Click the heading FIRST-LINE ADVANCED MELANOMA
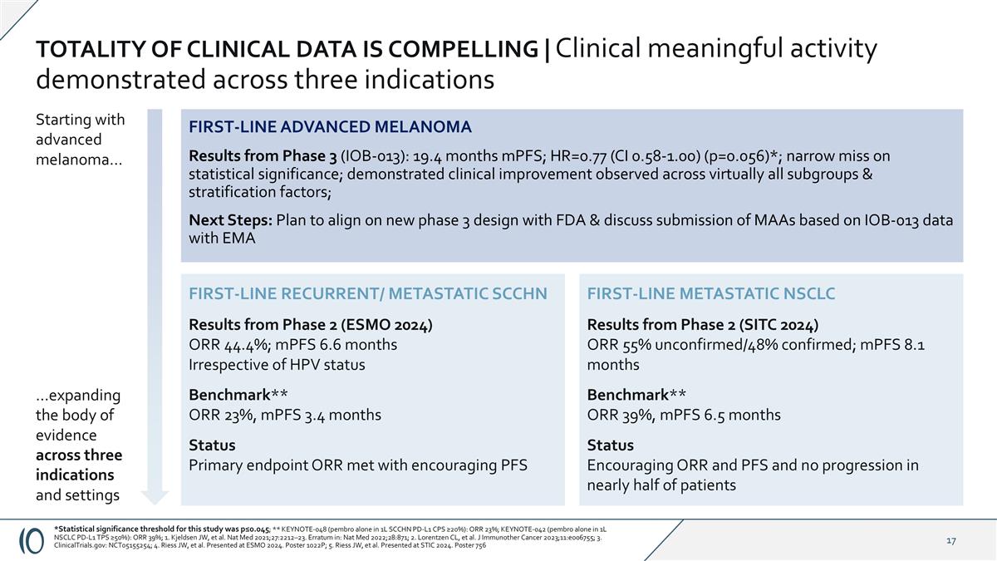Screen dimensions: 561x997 pyautogui.click(x=330, y=127)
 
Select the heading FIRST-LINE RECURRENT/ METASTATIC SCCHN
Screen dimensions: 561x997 pyautogui.click(x=368, y=293)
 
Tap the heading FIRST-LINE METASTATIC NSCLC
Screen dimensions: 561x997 pyautogui.click(x=710, y=293)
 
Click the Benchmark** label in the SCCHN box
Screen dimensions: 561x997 pyautogui.click(x=238, y=394)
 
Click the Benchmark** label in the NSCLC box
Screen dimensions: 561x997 pyautogui.click(x=636, y=394)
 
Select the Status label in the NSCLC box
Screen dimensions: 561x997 pyautogui.click(x=610, y=445)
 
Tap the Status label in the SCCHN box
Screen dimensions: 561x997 pyautogui.click(x=212, y=445)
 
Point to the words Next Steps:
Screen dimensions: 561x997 pyautogui.click(x=230, y=220)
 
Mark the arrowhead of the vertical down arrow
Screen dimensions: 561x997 pyautogui.click(x=155, y=497)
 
